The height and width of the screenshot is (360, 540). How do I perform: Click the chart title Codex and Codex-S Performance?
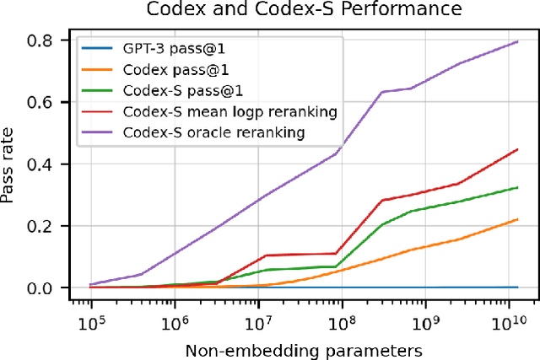[305, 9]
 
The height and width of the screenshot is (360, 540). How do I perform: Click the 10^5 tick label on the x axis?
[90, 323]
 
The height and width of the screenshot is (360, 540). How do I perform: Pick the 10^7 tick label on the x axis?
[257, 323]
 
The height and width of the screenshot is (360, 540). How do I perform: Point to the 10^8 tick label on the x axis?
[341, 323]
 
